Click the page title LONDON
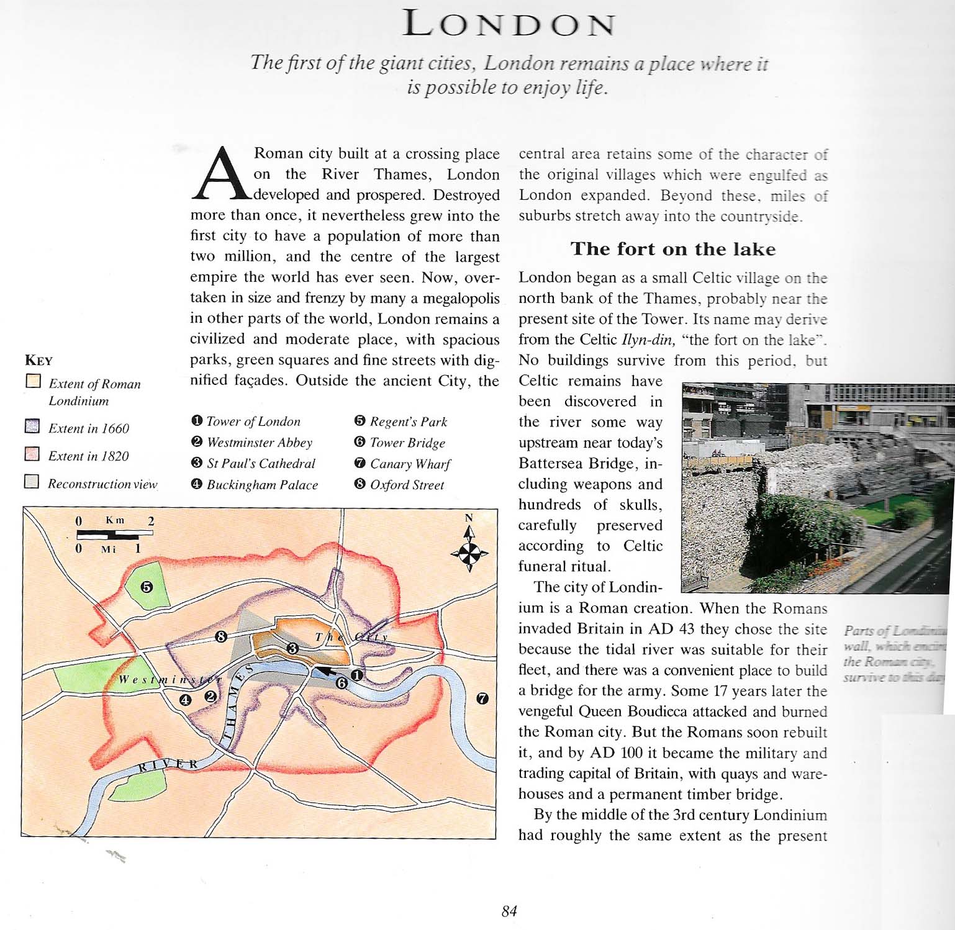[509, 24]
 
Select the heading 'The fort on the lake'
[673, 249]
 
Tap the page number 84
[509, 911]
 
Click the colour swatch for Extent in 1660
[32, 427]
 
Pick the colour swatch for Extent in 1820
[32, 454]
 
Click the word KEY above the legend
[38, 360]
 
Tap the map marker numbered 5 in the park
[147, 587]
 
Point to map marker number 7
[482, 698]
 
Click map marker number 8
[220, 636]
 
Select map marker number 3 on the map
[292, 649]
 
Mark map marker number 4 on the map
[185, 700]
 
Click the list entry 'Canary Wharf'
[410, 464]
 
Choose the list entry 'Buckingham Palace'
[261, 485]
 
